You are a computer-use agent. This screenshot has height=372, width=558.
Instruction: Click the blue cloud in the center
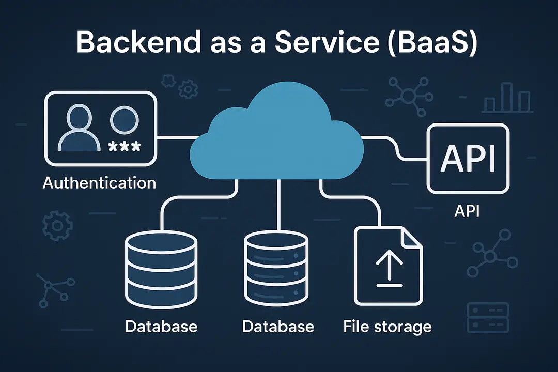click(279, 134)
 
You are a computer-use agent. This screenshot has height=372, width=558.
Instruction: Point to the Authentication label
click(99, 183)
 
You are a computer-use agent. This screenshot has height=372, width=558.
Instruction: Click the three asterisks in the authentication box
click(124, 147)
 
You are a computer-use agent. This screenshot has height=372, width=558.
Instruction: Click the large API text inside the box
click(468, 159)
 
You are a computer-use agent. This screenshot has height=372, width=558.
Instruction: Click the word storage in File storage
click(403, 327)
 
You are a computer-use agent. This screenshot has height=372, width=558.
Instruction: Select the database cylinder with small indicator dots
click(278, 269)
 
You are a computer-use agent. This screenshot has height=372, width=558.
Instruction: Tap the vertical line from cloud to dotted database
click(279, 204)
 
